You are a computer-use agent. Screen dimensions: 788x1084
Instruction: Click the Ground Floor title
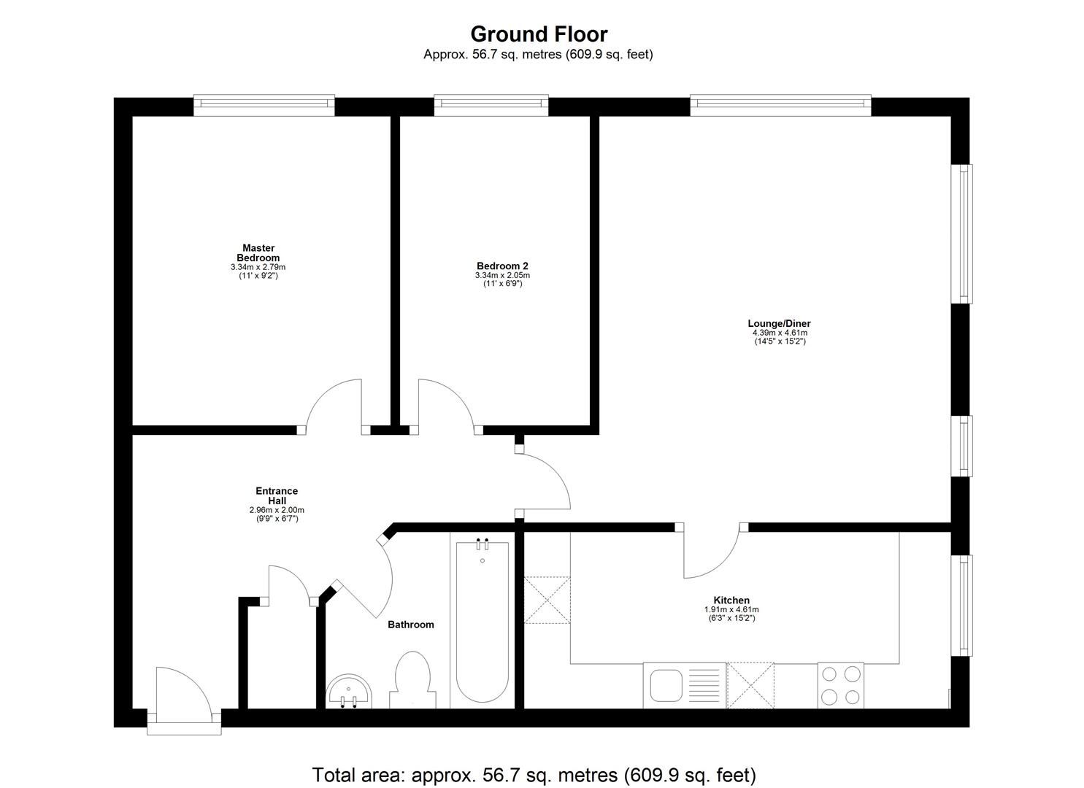pos(539,34)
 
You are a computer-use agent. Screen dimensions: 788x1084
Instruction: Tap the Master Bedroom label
pos(258,253)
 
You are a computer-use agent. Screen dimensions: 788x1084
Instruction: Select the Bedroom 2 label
pos(502,266)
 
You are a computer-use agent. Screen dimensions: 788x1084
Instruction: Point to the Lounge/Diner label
pos(779,323)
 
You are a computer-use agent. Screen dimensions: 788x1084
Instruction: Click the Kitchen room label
pos(731,600)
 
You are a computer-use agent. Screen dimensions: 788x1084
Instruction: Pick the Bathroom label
pos(410,625)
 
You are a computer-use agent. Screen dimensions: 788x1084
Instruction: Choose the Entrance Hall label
pos(277,496)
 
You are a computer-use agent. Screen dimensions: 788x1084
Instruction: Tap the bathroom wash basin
pos(349,692)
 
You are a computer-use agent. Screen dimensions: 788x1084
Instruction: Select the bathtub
pos(482,624)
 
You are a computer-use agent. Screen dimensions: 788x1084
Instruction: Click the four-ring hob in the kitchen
pos(840,685)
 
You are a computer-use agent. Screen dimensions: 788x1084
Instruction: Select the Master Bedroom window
pos(264,105)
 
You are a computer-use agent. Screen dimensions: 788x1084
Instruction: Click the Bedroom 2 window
pos(491,105)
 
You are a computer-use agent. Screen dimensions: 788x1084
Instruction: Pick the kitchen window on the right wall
pos(964,605)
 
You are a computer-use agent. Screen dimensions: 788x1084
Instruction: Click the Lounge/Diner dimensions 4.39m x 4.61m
pos(780,333)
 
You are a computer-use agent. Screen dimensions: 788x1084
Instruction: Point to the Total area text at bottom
pos(534,774)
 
